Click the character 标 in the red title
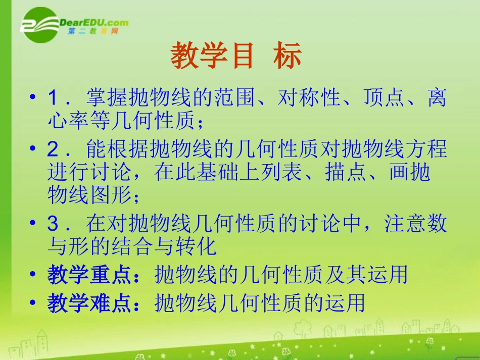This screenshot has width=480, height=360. (x=287, y=56)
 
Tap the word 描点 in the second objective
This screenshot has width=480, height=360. (x=363, y=173)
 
